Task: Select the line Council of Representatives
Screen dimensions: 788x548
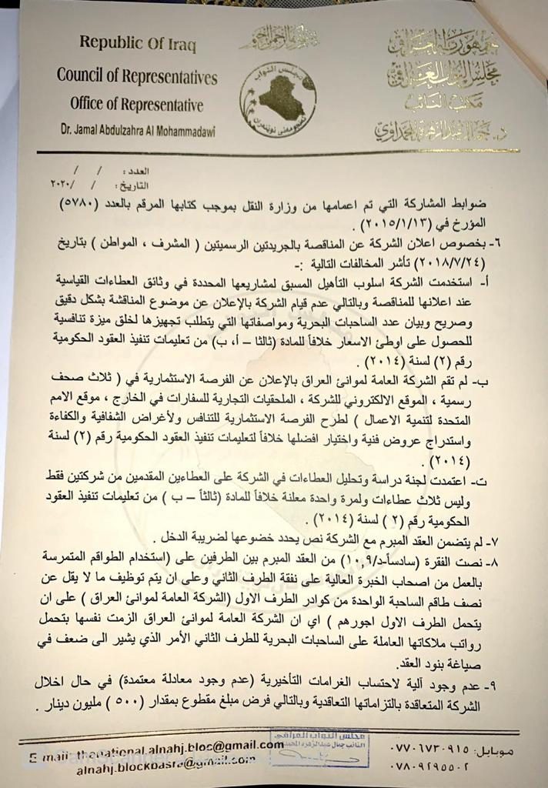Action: (x=137, y=76)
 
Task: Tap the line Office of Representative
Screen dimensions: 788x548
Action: (x=136, y=105)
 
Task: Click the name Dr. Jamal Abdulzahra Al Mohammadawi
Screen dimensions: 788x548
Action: (x=139, y=132)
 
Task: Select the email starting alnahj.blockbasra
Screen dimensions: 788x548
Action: (x=165, y=766)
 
